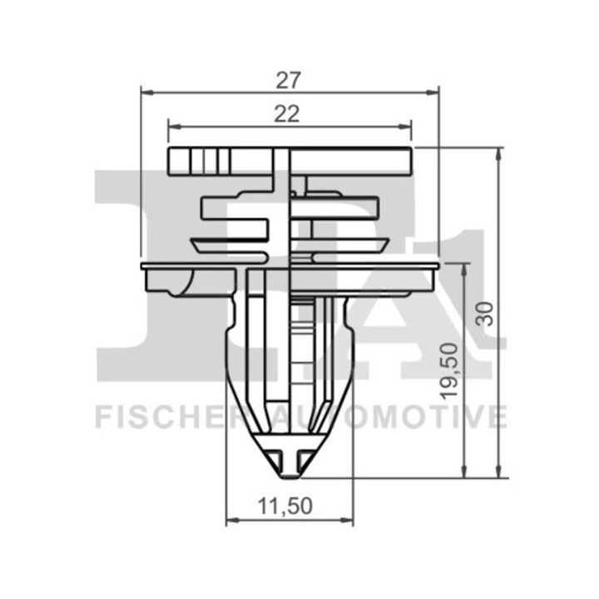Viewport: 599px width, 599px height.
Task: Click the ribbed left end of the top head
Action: [187, 161]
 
